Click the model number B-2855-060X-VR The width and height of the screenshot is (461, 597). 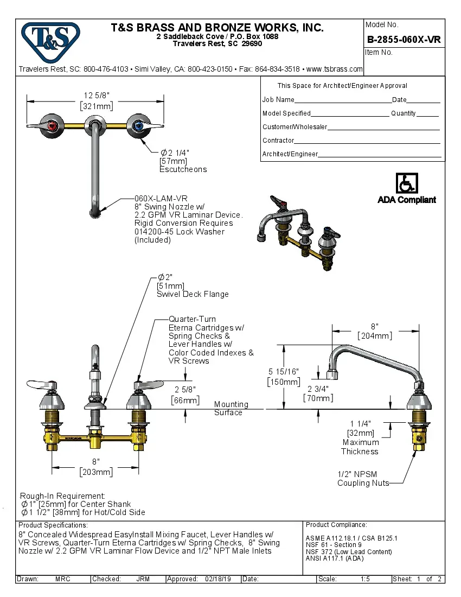404,40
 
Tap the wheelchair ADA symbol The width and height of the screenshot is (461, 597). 406,183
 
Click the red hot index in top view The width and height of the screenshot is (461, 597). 52,126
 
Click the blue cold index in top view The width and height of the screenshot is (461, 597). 138,126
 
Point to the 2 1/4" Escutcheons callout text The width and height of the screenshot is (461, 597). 183,161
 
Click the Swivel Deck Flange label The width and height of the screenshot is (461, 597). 193,294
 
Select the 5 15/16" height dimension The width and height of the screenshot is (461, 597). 284,376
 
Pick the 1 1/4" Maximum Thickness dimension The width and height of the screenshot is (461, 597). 360,437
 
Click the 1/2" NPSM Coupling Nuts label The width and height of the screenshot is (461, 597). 363,479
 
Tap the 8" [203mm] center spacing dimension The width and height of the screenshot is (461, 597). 96,467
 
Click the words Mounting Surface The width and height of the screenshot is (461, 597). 230,408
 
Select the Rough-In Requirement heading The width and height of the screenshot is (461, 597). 62,496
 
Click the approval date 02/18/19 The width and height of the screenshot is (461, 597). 219,579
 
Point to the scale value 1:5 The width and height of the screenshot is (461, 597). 365,579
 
